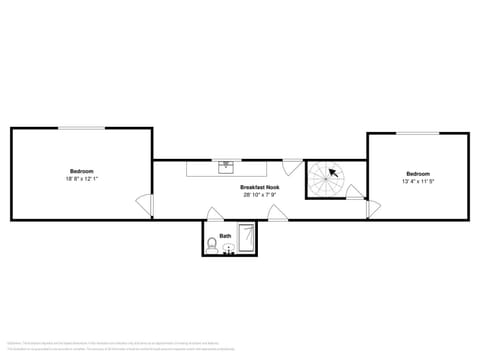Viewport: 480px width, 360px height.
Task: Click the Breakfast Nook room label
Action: [259, 188]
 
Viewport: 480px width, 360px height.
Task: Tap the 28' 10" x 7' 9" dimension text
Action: [259, 195]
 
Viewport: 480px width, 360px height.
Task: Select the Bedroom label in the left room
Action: [81, 170]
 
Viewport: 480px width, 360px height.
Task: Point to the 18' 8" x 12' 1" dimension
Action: [81, 178]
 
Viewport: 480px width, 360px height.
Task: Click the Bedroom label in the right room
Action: [418, 173]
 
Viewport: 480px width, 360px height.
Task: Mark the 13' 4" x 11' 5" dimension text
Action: [418, 181]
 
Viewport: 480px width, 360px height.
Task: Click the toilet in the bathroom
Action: [212, 245]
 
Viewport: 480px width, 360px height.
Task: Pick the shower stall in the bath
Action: [247, 240]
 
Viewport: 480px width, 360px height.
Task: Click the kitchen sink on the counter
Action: [227, 165]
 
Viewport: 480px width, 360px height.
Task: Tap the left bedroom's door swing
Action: [147, 205]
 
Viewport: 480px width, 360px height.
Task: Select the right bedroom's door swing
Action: [372, 208]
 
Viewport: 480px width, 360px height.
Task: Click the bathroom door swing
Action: [215, 214]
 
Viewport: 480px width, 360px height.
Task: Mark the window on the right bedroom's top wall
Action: [418, 133]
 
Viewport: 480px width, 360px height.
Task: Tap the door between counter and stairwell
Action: [292, 165]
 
